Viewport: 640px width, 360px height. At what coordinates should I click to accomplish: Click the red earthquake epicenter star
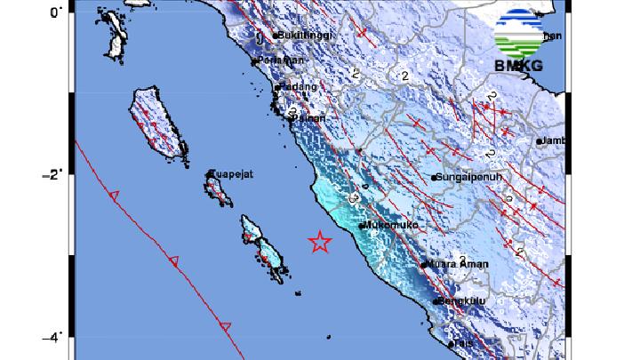click(319, 241)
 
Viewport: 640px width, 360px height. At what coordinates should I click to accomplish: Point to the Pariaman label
click(281, 60)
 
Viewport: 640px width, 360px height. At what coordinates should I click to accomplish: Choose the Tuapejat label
click(233, 174)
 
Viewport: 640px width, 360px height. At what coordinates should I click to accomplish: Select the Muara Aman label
click(454, 264)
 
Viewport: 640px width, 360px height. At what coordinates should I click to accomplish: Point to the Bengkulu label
click(462, 302)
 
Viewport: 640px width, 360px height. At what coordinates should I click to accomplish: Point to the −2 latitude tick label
click(52, 174)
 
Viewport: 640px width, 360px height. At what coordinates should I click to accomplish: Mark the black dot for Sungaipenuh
click(434, 179)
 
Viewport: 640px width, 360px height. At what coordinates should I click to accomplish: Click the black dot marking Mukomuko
click(361, 226)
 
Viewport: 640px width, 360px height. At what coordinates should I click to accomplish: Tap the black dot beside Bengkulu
click(437, 302)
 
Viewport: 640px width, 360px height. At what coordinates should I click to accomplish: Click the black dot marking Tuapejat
click(211, 174)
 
